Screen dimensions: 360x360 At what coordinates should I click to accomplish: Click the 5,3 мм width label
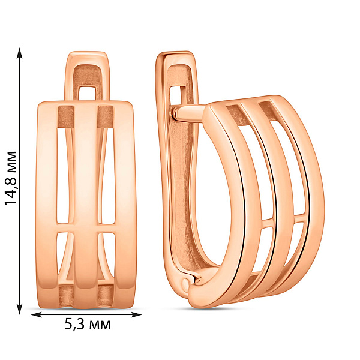87,324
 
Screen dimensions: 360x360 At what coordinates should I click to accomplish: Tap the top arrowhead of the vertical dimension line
20,53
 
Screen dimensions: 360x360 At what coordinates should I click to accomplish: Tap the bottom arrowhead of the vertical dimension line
20,309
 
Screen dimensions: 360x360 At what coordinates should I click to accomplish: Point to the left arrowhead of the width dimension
36,314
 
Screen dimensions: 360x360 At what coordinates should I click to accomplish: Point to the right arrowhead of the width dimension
136,314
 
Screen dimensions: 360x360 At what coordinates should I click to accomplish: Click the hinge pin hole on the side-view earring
185,285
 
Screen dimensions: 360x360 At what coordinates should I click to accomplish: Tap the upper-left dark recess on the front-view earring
65,117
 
